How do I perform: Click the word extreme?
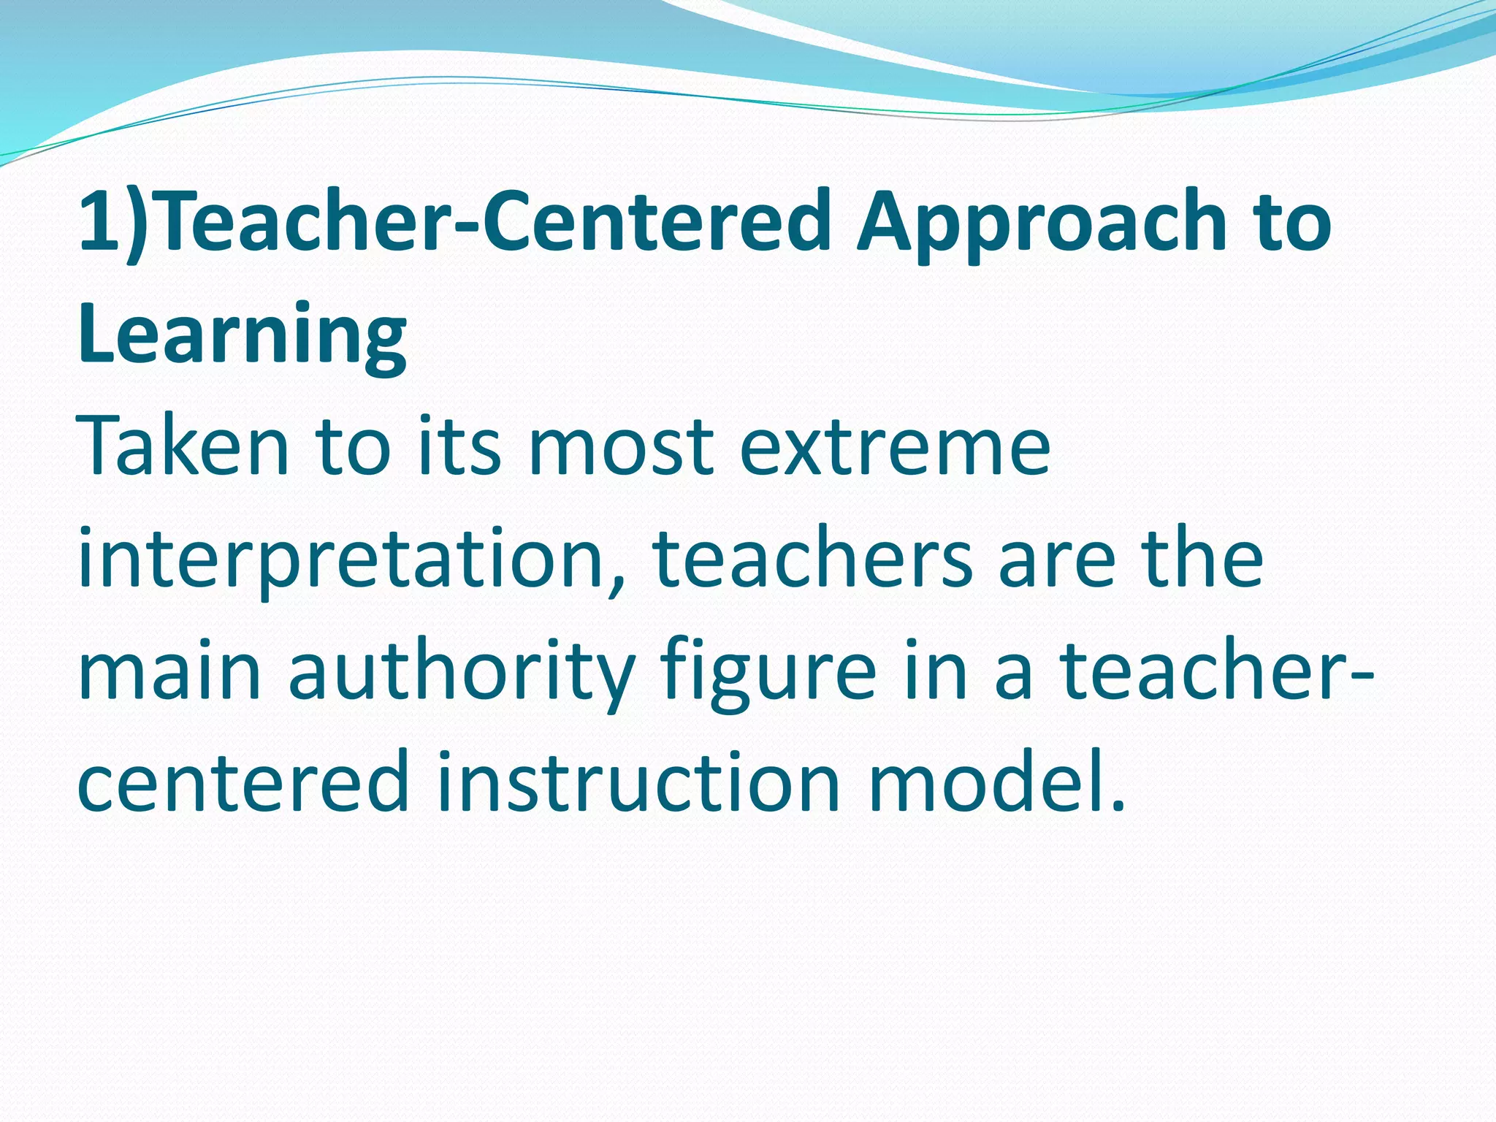pyautogui.click(x=895, y=446)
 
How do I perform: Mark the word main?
pyautogui.click(x=169, y=673)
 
